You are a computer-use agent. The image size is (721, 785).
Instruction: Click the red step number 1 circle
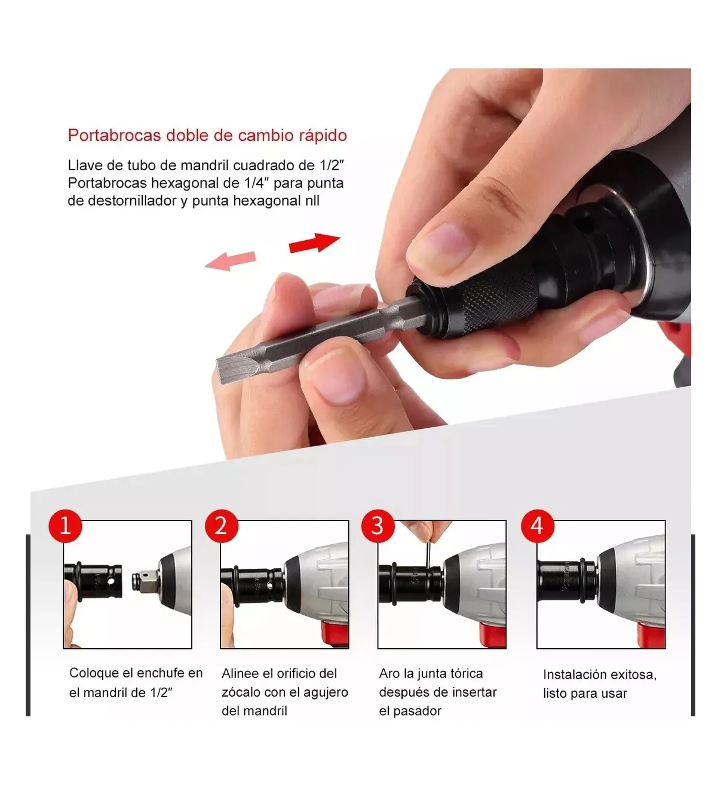[x=65, y=526]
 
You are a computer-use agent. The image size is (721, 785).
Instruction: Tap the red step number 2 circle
[x=222, y=526]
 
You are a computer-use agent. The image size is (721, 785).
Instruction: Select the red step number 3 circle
[x=378, y=526]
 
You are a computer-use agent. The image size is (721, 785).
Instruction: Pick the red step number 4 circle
[x=538, y=526]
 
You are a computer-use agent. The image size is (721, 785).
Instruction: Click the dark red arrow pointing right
[x=314, y=243]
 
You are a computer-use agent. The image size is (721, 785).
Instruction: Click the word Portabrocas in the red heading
[x=114, y=136]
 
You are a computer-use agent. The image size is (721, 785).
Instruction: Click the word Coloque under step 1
[x=94, y=673]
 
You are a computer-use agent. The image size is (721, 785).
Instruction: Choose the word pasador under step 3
[x=417, y=711]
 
